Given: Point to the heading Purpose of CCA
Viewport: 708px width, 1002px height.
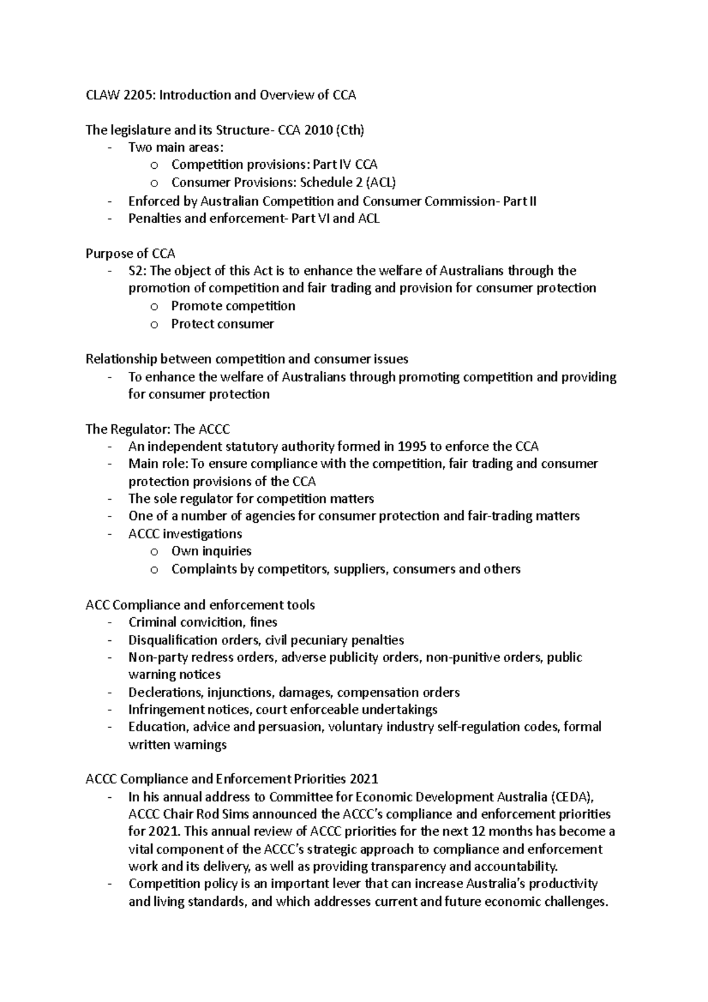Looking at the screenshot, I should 130,254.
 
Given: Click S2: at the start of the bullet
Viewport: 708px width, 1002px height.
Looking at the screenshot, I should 138,271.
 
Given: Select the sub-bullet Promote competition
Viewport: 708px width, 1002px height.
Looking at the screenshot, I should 233,306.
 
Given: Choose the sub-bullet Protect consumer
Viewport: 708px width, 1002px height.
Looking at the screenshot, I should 222,324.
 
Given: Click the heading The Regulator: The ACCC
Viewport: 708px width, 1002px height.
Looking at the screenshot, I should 158,429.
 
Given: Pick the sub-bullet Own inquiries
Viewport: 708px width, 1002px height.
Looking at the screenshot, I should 211,551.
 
